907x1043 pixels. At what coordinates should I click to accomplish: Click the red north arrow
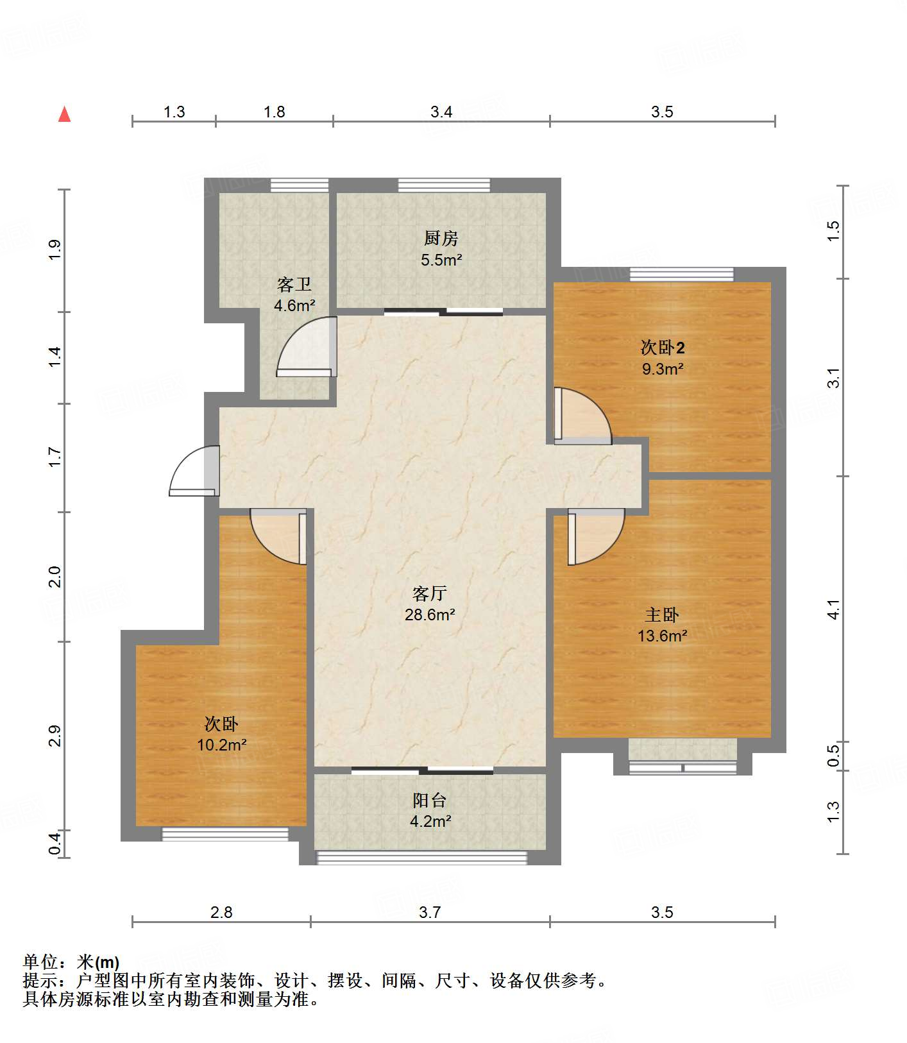click(x=64, y=114)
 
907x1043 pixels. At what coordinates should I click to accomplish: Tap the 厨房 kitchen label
click(x=441, y=239)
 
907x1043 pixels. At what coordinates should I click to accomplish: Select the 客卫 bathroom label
click(x=294, y=284)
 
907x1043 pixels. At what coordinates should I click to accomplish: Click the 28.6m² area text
click(x=430, y=615)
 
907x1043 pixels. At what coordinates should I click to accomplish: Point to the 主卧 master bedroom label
click(x=662, y=615)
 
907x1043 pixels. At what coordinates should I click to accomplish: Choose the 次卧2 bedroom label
click(x=663, y=348)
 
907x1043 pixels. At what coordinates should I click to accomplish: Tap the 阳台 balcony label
click(x=430, y=800)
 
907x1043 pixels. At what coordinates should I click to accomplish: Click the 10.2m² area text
click(x=222, y=745)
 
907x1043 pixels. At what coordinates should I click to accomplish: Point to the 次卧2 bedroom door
click(x=582, y=416)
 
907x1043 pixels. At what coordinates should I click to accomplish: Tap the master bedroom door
click(x=596, y=537)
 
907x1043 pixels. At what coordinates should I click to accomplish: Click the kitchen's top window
click(x=444, y=185)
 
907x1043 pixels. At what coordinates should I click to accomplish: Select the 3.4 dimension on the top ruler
click(x=441, y=112)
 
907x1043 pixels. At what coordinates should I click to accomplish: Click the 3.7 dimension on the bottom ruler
click(x=430, y=912)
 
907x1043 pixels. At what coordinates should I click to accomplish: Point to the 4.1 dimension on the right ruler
click(x=833, y=609)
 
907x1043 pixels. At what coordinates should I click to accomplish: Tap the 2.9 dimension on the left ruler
click(x=55, y=736)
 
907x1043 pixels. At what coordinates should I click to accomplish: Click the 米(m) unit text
click(x=98, y=962)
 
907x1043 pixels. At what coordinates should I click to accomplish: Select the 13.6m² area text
click(x=663, y=636)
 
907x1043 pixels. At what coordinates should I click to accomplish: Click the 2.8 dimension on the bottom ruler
click(x=221, y=912)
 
